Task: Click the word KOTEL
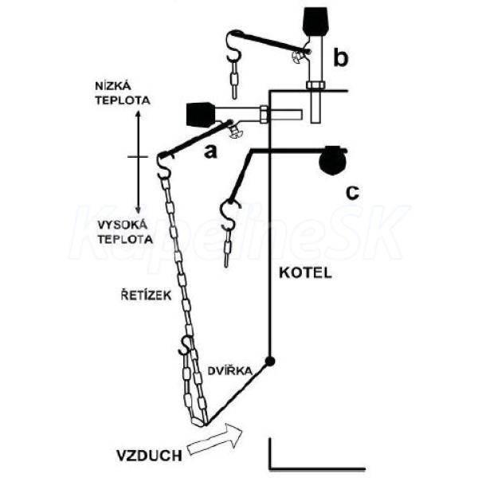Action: point(305,272)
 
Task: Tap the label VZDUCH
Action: point(150,456)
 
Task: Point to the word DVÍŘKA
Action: point(230,370)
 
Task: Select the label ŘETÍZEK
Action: point(147,296)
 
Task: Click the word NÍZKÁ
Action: point(109,86)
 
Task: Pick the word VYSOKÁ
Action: point(123,225)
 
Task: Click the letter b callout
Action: point(340,58)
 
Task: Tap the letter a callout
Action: point(210,151)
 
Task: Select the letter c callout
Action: point(352,193)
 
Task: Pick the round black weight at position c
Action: point(333,160)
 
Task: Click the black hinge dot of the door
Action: point(270,361)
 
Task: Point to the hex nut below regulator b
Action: point(316,84)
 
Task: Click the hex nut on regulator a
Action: point(264,115)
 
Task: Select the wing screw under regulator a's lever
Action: point(236,131)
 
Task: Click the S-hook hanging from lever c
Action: point(229,214)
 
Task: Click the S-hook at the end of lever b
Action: point(234,45)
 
